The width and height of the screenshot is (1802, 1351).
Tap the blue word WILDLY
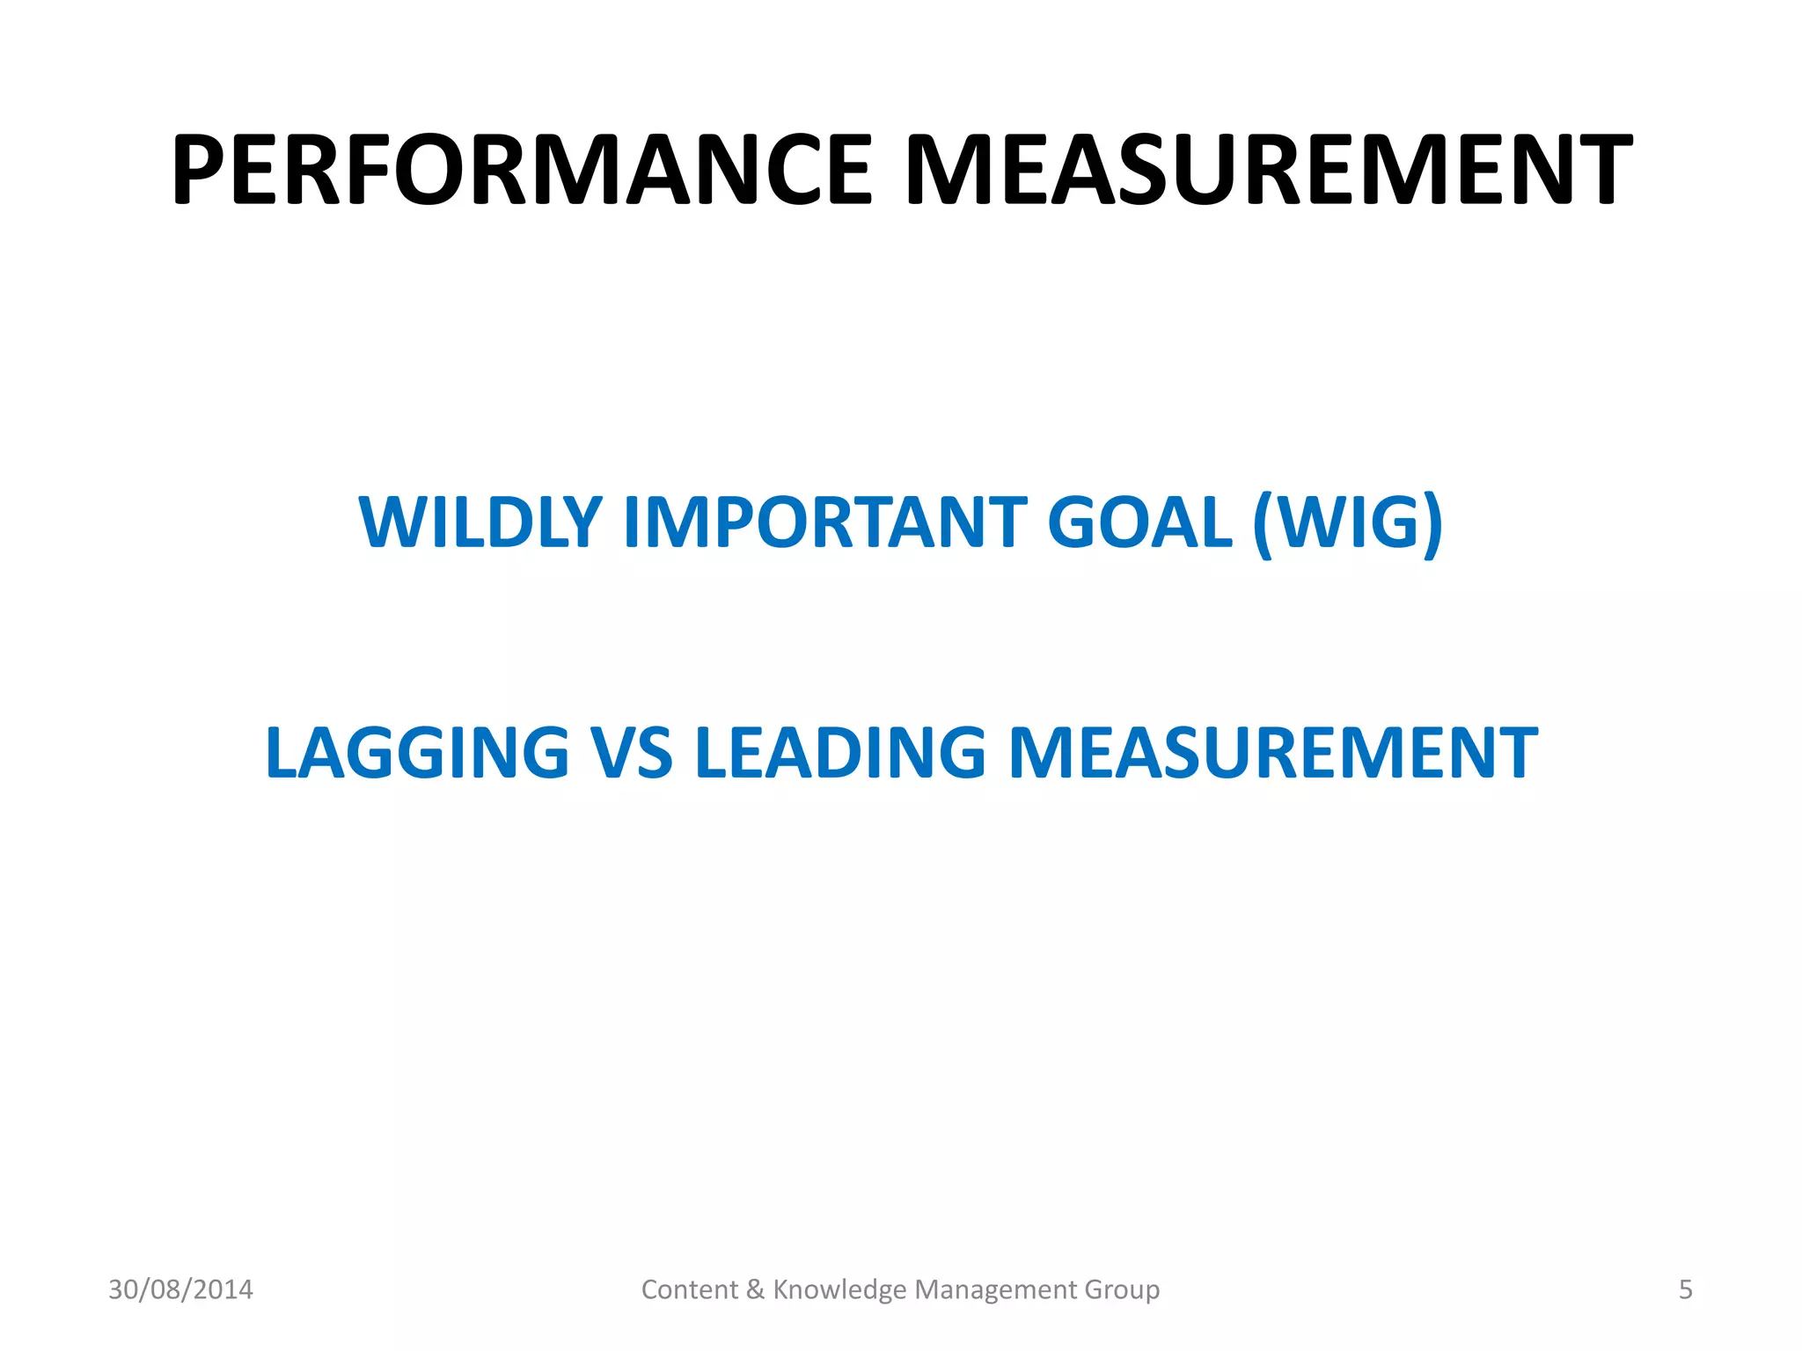tap(480, 522)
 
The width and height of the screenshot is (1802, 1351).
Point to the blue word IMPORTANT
tap(824, 522)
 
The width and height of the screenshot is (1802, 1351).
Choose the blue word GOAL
tap(1139, 522)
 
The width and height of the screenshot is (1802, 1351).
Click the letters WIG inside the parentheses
tap(1347, 522)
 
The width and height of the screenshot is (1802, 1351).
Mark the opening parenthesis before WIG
tap(1263, 524)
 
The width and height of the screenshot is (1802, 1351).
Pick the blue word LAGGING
tap(417, 753)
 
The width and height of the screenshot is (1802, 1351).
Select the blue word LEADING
tap(840, 753)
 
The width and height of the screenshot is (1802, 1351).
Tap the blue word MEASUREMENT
tap(1272, 753)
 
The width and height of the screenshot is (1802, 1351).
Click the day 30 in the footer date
tap(122, 1289)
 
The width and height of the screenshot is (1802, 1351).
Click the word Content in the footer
tap(690, 1289)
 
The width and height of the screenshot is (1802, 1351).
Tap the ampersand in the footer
tap(755, 1289)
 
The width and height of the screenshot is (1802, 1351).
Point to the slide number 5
tap(1685, 1289)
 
